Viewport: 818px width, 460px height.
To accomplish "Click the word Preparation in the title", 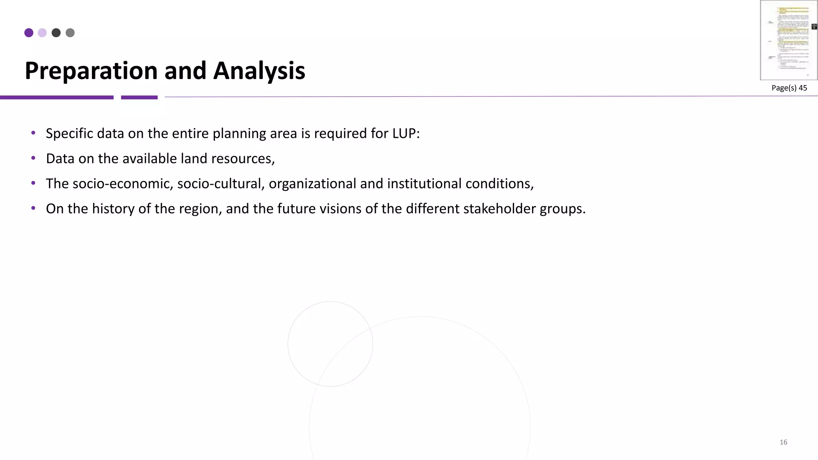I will [x=91, y=71].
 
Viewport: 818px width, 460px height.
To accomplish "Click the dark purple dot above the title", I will [x=29, y=33].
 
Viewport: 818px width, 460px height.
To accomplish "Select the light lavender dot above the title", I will [x=42, y=33].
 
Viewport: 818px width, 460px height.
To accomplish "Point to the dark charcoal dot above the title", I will [x=56, y=33].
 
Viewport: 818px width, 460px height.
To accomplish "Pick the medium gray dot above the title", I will [x=70, y=33].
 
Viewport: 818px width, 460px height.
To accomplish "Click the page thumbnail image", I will [x=788, y=40].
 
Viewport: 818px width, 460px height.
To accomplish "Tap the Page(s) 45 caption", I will [x=789, y=88].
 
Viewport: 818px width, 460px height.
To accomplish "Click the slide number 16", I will [x=783, y=442].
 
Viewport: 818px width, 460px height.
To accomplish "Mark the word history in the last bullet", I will [x=113, y=209].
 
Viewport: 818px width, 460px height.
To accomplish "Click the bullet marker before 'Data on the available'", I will [x=34, y=158].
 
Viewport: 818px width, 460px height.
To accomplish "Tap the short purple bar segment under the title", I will [x=139, y=97].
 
